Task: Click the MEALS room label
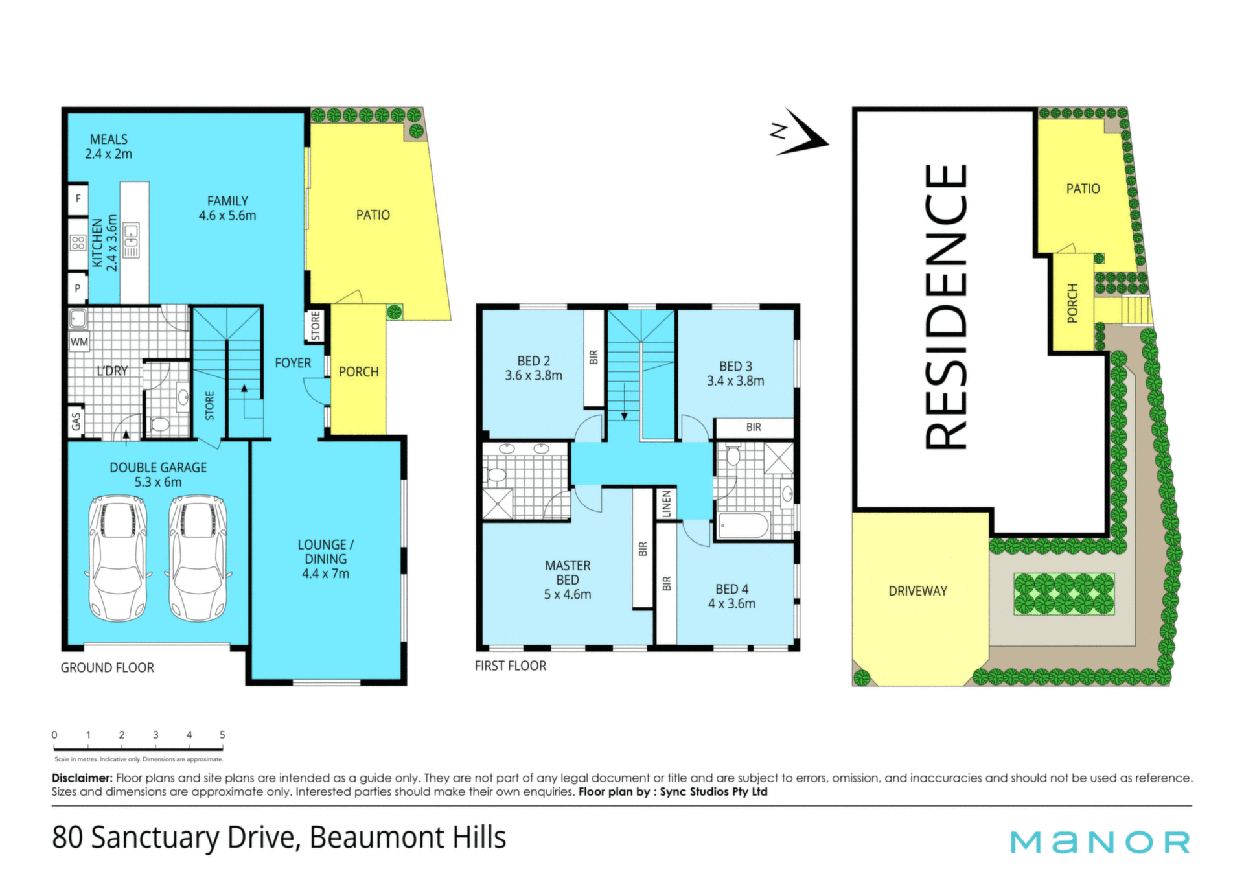pos(109,139)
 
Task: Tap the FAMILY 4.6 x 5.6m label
pos(227,209)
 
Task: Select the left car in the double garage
pos(118,558)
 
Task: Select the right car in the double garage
pos(198,558)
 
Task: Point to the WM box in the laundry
pos(79,342)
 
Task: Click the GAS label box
pos(76,421)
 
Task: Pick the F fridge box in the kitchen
pos(78,199)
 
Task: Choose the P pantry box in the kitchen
pos(78,288)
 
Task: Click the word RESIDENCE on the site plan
pos(947,307)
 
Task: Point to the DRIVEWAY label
pos(917,591)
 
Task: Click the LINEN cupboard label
pos(667,504)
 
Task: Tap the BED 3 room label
pos(735,366)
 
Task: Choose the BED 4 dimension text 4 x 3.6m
pos(732,604)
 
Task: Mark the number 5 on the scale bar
pos(222,735)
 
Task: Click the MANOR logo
pos(1100,842)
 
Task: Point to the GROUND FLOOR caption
pos(108,667)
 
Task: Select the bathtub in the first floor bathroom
pos(744,526)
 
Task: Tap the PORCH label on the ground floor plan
pos(359,372)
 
